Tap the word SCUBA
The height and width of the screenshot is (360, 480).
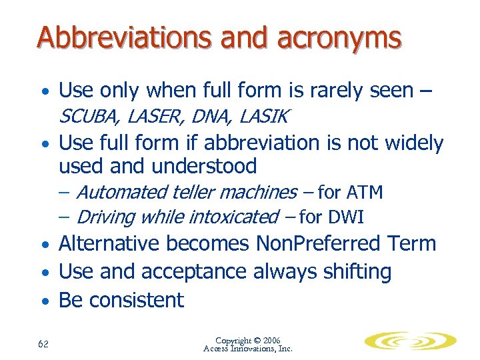click(x=87, y=117)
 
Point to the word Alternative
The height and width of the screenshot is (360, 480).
click(x=109, y=243)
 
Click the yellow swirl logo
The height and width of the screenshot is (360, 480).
click(x=409, y=341)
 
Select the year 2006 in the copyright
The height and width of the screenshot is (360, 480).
click(x=271, y=341)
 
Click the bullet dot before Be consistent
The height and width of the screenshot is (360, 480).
click(x=43, y=302)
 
